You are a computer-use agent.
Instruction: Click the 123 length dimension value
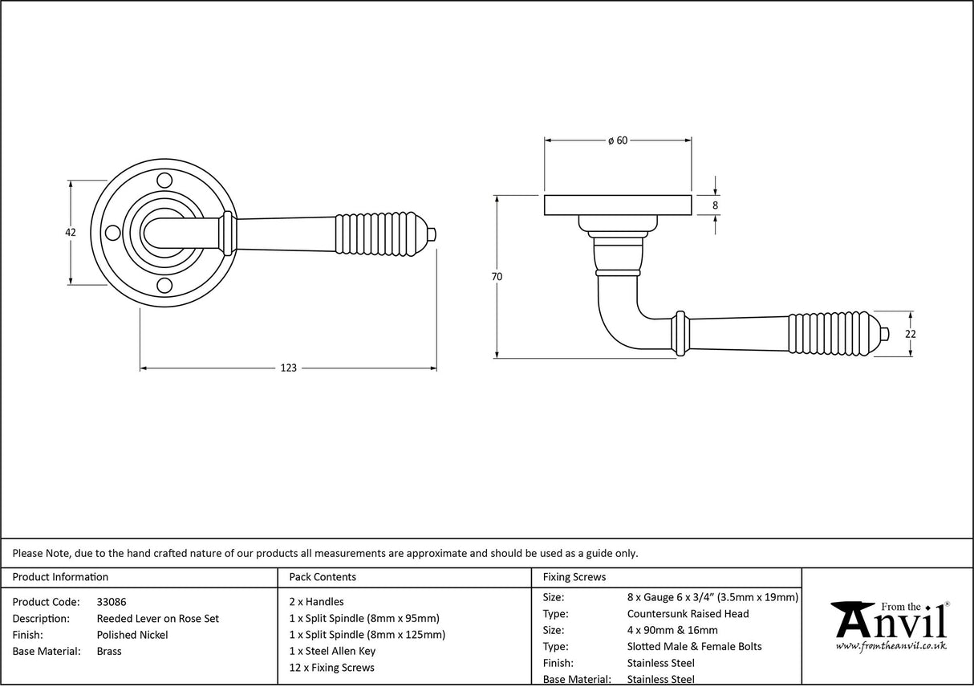(288, 368)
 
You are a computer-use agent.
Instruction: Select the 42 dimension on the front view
(71, 232)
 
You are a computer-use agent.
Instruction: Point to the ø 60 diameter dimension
(617, 140)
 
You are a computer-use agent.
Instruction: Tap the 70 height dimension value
(497, 277)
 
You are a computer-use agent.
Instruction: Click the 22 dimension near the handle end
(911, 334)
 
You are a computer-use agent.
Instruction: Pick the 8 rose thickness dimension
(715, 205)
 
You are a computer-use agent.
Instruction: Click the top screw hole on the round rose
(164, 179)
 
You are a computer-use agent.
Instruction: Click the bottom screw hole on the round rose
(164, 286)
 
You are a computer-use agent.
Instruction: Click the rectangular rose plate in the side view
(618, 205)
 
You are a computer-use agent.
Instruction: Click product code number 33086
(111, 601)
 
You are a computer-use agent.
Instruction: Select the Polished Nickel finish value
(132, 635)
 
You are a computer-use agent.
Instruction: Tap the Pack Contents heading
(322, 577)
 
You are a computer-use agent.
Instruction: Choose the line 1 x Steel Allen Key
(332, 651)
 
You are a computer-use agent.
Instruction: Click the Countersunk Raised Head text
(688, 614)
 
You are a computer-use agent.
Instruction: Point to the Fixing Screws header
(574, 577)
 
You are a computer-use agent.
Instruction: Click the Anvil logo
(889, 626)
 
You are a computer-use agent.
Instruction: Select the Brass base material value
(109, 651)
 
